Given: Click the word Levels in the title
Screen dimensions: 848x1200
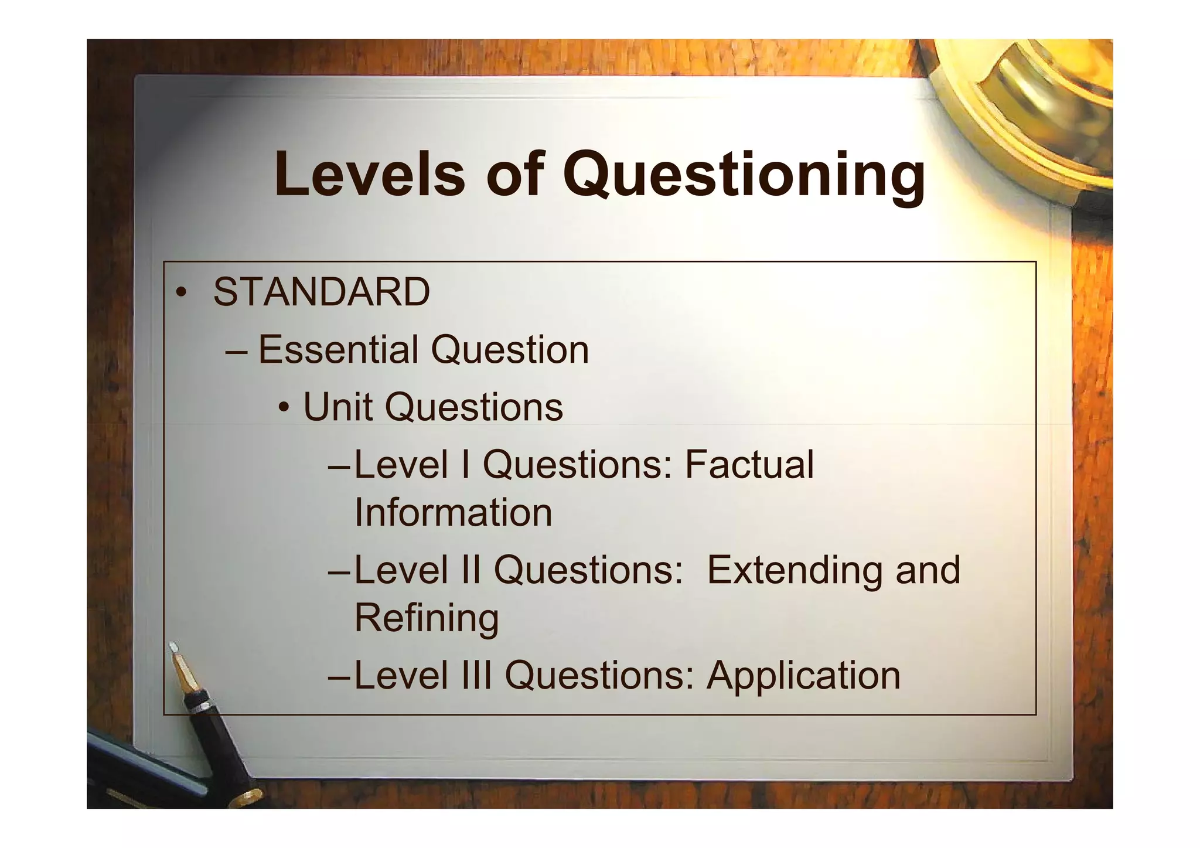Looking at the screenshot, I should [x=369, y=174].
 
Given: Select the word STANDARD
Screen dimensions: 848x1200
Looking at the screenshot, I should [x=322, y=292].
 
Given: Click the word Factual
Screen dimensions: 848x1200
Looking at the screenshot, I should [x=749, y=464].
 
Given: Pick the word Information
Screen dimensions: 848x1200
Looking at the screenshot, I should [x=453, y=512].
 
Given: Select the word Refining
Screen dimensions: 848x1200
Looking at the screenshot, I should [x=427, y=619].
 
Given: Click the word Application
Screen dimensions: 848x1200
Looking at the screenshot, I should [x=803, y=675].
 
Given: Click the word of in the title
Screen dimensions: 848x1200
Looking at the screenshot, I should [x=514, y=174].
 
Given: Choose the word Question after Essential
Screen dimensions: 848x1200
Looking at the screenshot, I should [x=510, y=350].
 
